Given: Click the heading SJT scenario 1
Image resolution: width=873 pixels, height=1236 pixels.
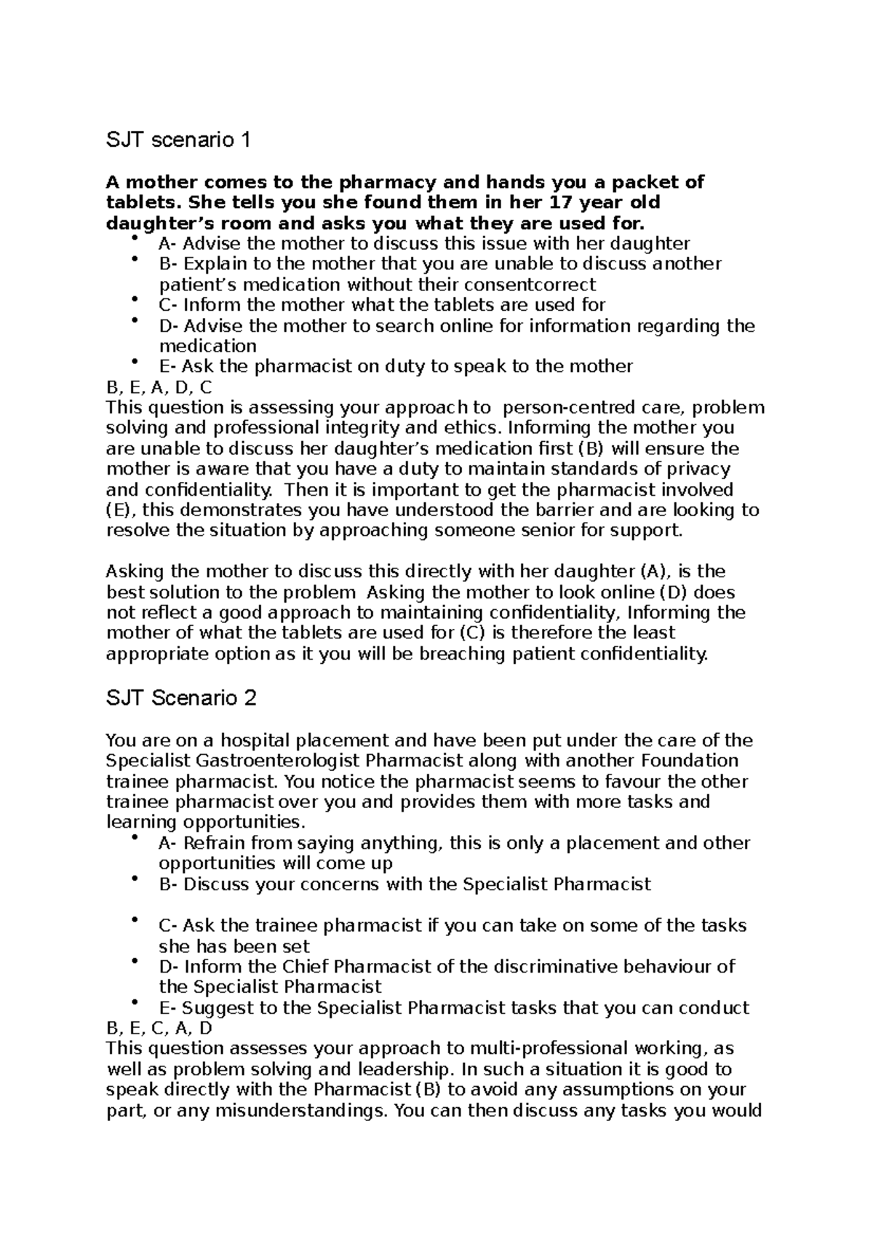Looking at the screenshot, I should click(x=178, y=140).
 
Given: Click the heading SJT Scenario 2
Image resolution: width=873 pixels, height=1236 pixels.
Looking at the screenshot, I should click(x=181, y=699).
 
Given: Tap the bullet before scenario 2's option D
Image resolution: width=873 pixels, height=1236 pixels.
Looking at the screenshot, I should click(x=135, y=962).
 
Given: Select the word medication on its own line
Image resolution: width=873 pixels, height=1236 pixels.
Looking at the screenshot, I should click(x=207, y=346).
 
